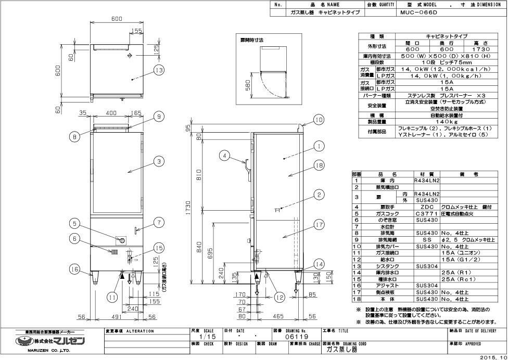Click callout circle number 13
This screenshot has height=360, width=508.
click(x=159, y=70)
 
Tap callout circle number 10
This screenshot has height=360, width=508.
click(x=319, y=119)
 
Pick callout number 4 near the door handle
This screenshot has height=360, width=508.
click(x=224, y=155)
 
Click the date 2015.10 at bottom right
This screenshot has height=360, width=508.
click(x=494, y=357)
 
